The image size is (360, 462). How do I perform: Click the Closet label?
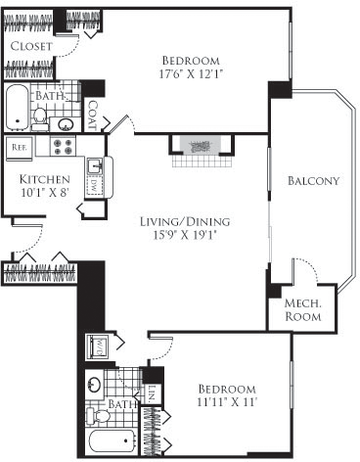click(32, 47)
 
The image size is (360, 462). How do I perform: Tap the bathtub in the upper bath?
click(19, 111)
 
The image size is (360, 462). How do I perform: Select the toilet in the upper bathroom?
click(40, 118)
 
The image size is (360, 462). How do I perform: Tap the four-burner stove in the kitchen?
click(64, 148)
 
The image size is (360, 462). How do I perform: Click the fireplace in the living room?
click(202, 145)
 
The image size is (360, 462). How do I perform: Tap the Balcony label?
click(313, 180)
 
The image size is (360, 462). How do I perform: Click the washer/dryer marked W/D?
click(99, 346)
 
